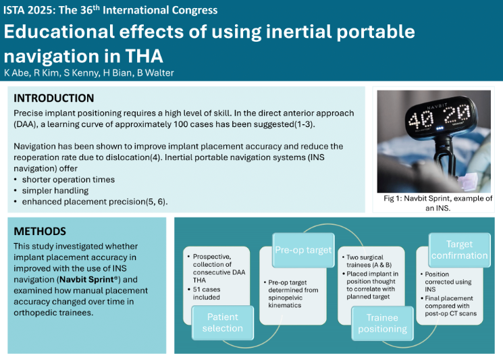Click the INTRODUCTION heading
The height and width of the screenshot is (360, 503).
[54, 98]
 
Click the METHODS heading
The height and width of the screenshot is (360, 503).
[40, 231]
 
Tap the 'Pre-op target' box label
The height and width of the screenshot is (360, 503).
[303, 250]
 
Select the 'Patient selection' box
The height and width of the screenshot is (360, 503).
[223, 322]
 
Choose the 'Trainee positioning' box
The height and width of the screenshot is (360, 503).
[382, 323]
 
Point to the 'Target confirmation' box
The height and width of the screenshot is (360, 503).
[459, 250]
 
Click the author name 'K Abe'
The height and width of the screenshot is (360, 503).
[18, 73]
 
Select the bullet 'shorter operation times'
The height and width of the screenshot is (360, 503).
[68, 180]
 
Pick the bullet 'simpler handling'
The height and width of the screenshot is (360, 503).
[55, 190]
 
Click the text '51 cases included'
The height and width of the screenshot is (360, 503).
[207, 293]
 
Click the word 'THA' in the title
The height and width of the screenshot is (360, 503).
[144, 56]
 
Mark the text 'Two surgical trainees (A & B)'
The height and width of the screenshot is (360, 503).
[369, 261]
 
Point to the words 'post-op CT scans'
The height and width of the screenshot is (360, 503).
[451, 313]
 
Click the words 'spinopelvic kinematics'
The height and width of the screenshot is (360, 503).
[285, 302]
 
